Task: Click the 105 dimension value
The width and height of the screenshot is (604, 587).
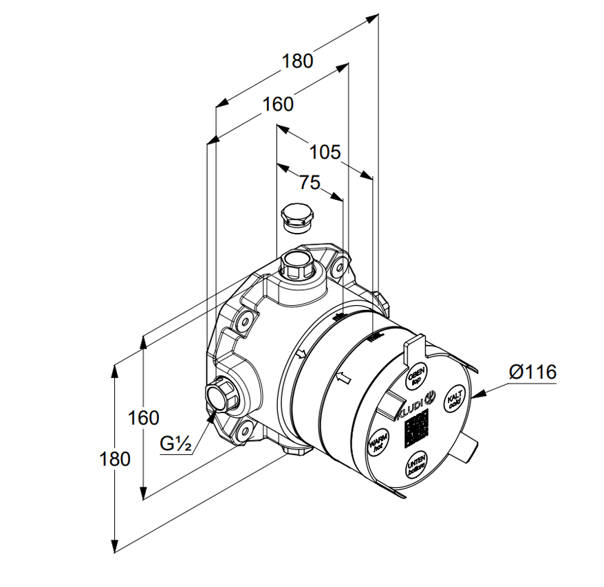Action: coord(325,152)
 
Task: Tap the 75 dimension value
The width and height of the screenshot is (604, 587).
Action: coord(310,182)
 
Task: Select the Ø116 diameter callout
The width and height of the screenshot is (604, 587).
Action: coord(532,373)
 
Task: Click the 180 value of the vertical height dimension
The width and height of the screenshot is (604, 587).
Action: coord(116,458)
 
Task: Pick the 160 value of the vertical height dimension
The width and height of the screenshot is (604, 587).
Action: coord(144,418)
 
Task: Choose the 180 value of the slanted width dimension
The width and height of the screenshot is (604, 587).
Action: coord(297,61)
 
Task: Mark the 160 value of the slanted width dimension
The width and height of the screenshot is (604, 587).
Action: coord(278,104)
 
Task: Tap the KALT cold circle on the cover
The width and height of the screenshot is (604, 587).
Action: coord(454,400)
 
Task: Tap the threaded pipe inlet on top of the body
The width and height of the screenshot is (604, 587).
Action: coord(297,263)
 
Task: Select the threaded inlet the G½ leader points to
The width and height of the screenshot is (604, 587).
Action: coord(221,397)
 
